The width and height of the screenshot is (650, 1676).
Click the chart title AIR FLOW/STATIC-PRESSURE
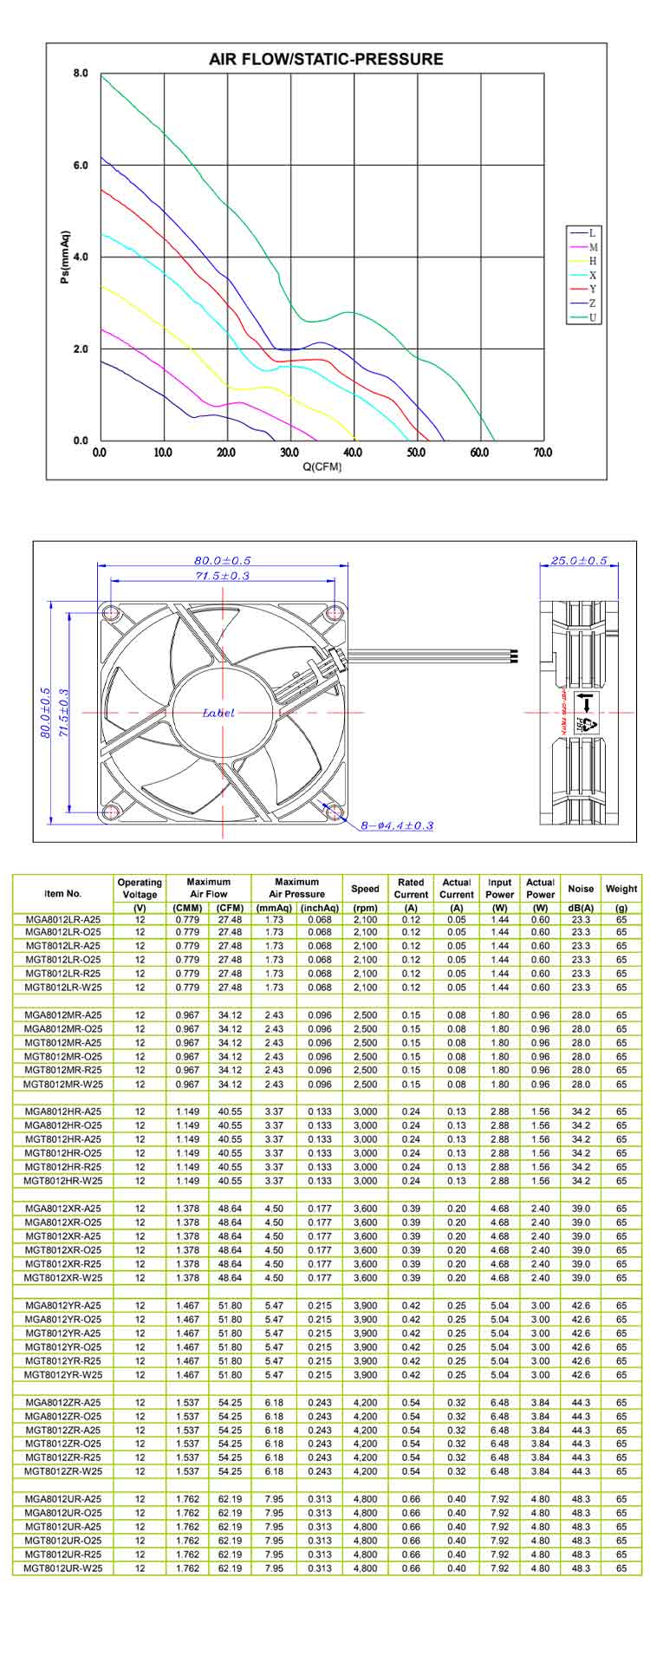326,60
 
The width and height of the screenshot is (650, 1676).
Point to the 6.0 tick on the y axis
80,166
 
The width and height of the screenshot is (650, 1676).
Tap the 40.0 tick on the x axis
353,453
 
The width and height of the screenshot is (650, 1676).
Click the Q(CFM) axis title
322,467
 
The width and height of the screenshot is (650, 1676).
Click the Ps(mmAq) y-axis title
65,258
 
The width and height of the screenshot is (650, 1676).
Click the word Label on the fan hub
218,713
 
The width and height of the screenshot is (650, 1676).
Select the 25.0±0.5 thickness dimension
579,561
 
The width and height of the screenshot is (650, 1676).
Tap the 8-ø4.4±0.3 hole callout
397,825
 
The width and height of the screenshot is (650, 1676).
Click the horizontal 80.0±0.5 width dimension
223,561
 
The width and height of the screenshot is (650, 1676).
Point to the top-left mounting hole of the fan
112,613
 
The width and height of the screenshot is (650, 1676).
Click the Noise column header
581,889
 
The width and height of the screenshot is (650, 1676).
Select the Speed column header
365,889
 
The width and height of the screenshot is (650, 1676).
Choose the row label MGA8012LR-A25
62,918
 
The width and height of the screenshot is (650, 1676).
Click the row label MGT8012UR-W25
62,1568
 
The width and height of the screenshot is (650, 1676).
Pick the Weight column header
621,889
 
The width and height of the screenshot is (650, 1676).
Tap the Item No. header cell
62,893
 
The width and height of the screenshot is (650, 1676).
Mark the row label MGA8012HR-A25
62,1112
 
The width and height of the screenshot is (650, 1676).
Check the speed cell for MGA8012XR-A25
365,1209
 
